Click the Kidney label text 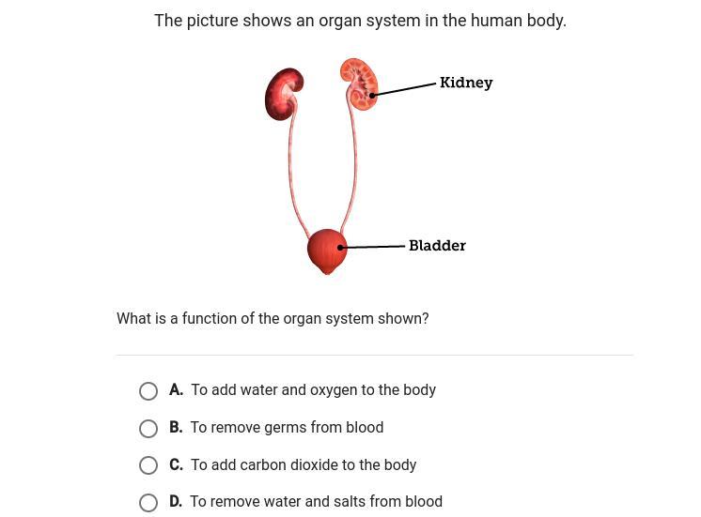[466, 83]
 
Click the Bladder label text [437, 246]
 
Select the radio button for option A [148, 391]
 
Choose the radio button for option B [148, 429]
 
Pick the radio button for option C [148, 465]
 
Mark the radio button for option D [148, 503]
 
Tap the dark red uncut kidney [283, 94]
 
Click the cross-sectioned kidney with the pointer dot [360, 84]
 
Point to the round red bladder [326, 251]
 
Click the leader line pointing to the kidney [405, 89]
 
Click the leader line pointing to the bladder [373, 247]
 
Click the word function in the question [209, 318]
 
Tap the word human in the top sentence [493, 20]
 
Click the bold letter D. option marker [176, 502]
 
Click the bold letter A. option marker [176, 389]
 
